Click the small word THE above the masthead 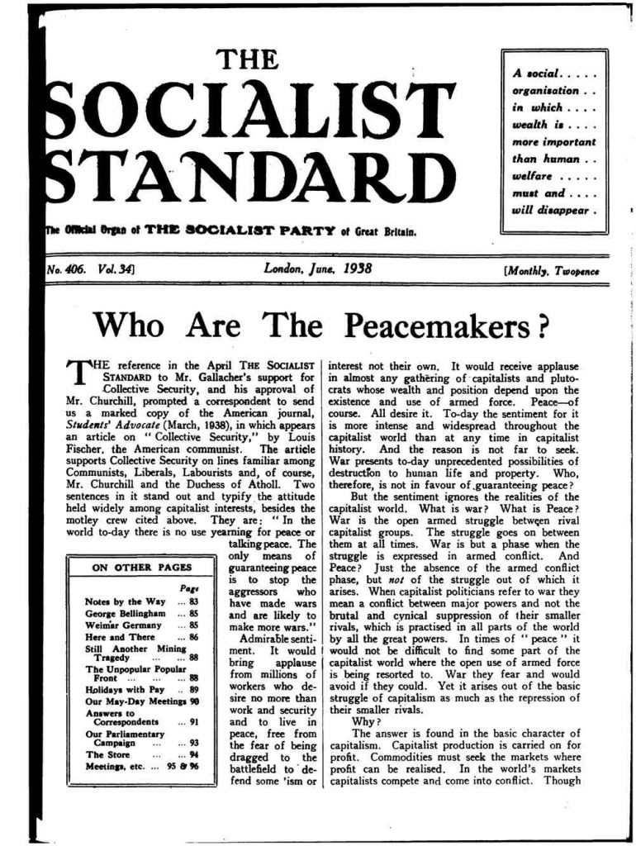(240, 59)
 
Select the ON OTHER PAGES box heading (141, 567)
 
